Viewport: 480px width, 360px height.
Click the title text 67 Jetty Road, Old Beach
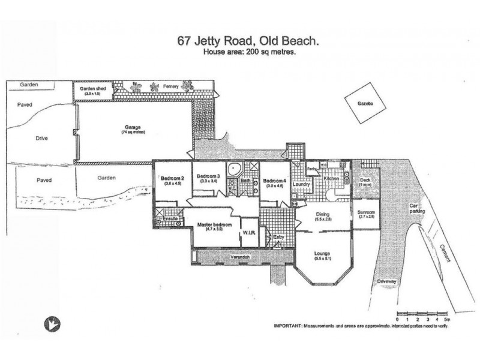pos(247,41)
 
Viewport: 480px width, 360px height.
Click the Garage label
pos(132,128)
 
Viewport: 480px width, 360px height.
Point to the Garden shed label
pos(93,88)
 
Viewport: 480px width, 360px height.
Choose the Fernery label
pos(173,88)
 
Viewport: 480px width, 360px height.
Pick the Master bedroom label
pos(214,225)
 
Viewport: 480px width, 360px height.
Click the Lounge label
pos(323,253)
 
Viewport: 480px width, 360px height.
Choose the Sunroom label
pos(366,212)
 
